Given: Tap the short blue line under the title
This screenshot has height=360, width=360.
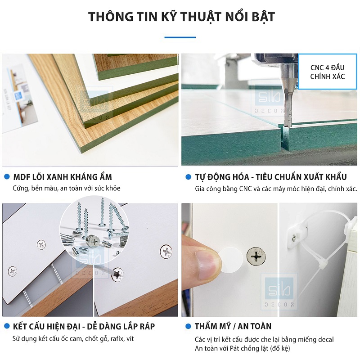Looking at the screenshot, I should click(x=180, y=37).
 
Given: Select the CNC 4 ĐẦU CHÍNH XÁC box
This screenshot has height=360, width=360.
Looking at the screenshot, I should click(x=327, y=72).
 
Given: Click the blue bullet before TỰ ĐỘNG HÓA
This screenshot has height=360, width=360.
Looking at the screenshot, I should click(x=188, y=177).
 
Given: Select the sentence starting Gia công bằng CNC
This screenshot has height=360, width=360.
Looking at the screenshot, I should click(x=276, y=189).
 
